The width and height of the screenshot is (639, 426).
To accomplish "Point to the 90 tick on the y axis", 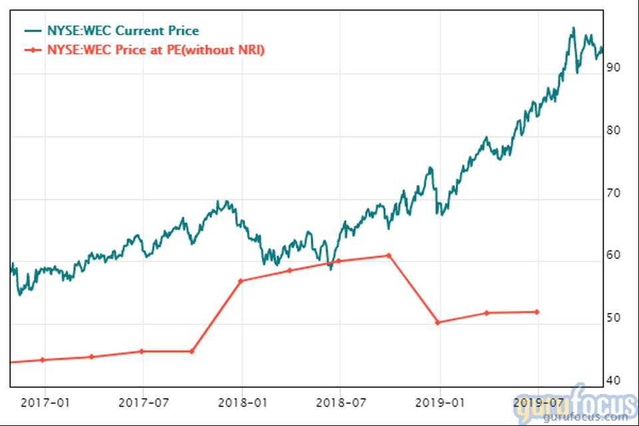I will (x=613, y=68).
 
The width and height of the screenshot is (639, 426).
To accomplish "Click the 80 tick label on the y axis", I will (x=613, y=130).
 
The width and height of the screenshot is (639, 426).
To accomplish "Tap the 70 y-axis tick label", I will (x=613, y=194).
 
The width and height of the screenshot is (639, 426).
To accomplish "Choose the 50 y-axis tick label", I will (x=613, y=318).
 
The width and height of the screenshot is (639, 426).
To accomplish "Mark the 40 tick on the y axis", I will (x=613, y=381).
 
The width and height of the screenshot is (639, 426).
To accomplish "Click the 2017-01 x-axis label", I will (x=45, y=402).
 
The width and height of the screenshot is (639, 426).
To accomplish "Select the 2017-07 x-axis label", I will (x=143, y=402).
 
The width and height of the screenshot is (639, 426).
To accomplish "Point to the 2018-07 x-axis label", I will (x=340, y=402).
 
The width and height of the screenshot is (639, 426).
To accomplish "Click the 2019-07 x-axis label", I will (x=536, y=402).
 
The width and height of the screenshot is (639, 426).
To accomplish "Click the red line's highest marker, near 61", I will (x=389, y=256).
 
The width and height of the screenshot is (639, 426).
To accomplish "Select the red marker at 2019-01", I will (x=438, y=323).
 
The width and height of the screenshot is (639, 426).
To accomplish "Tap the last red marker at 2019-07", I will (x=536, y=312).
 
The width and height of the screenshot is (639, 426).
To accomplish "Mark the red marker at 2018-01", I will (x=241, y=281).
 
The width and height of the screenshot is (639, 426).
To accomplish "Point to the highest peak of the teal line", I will (x=573, y=28).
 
